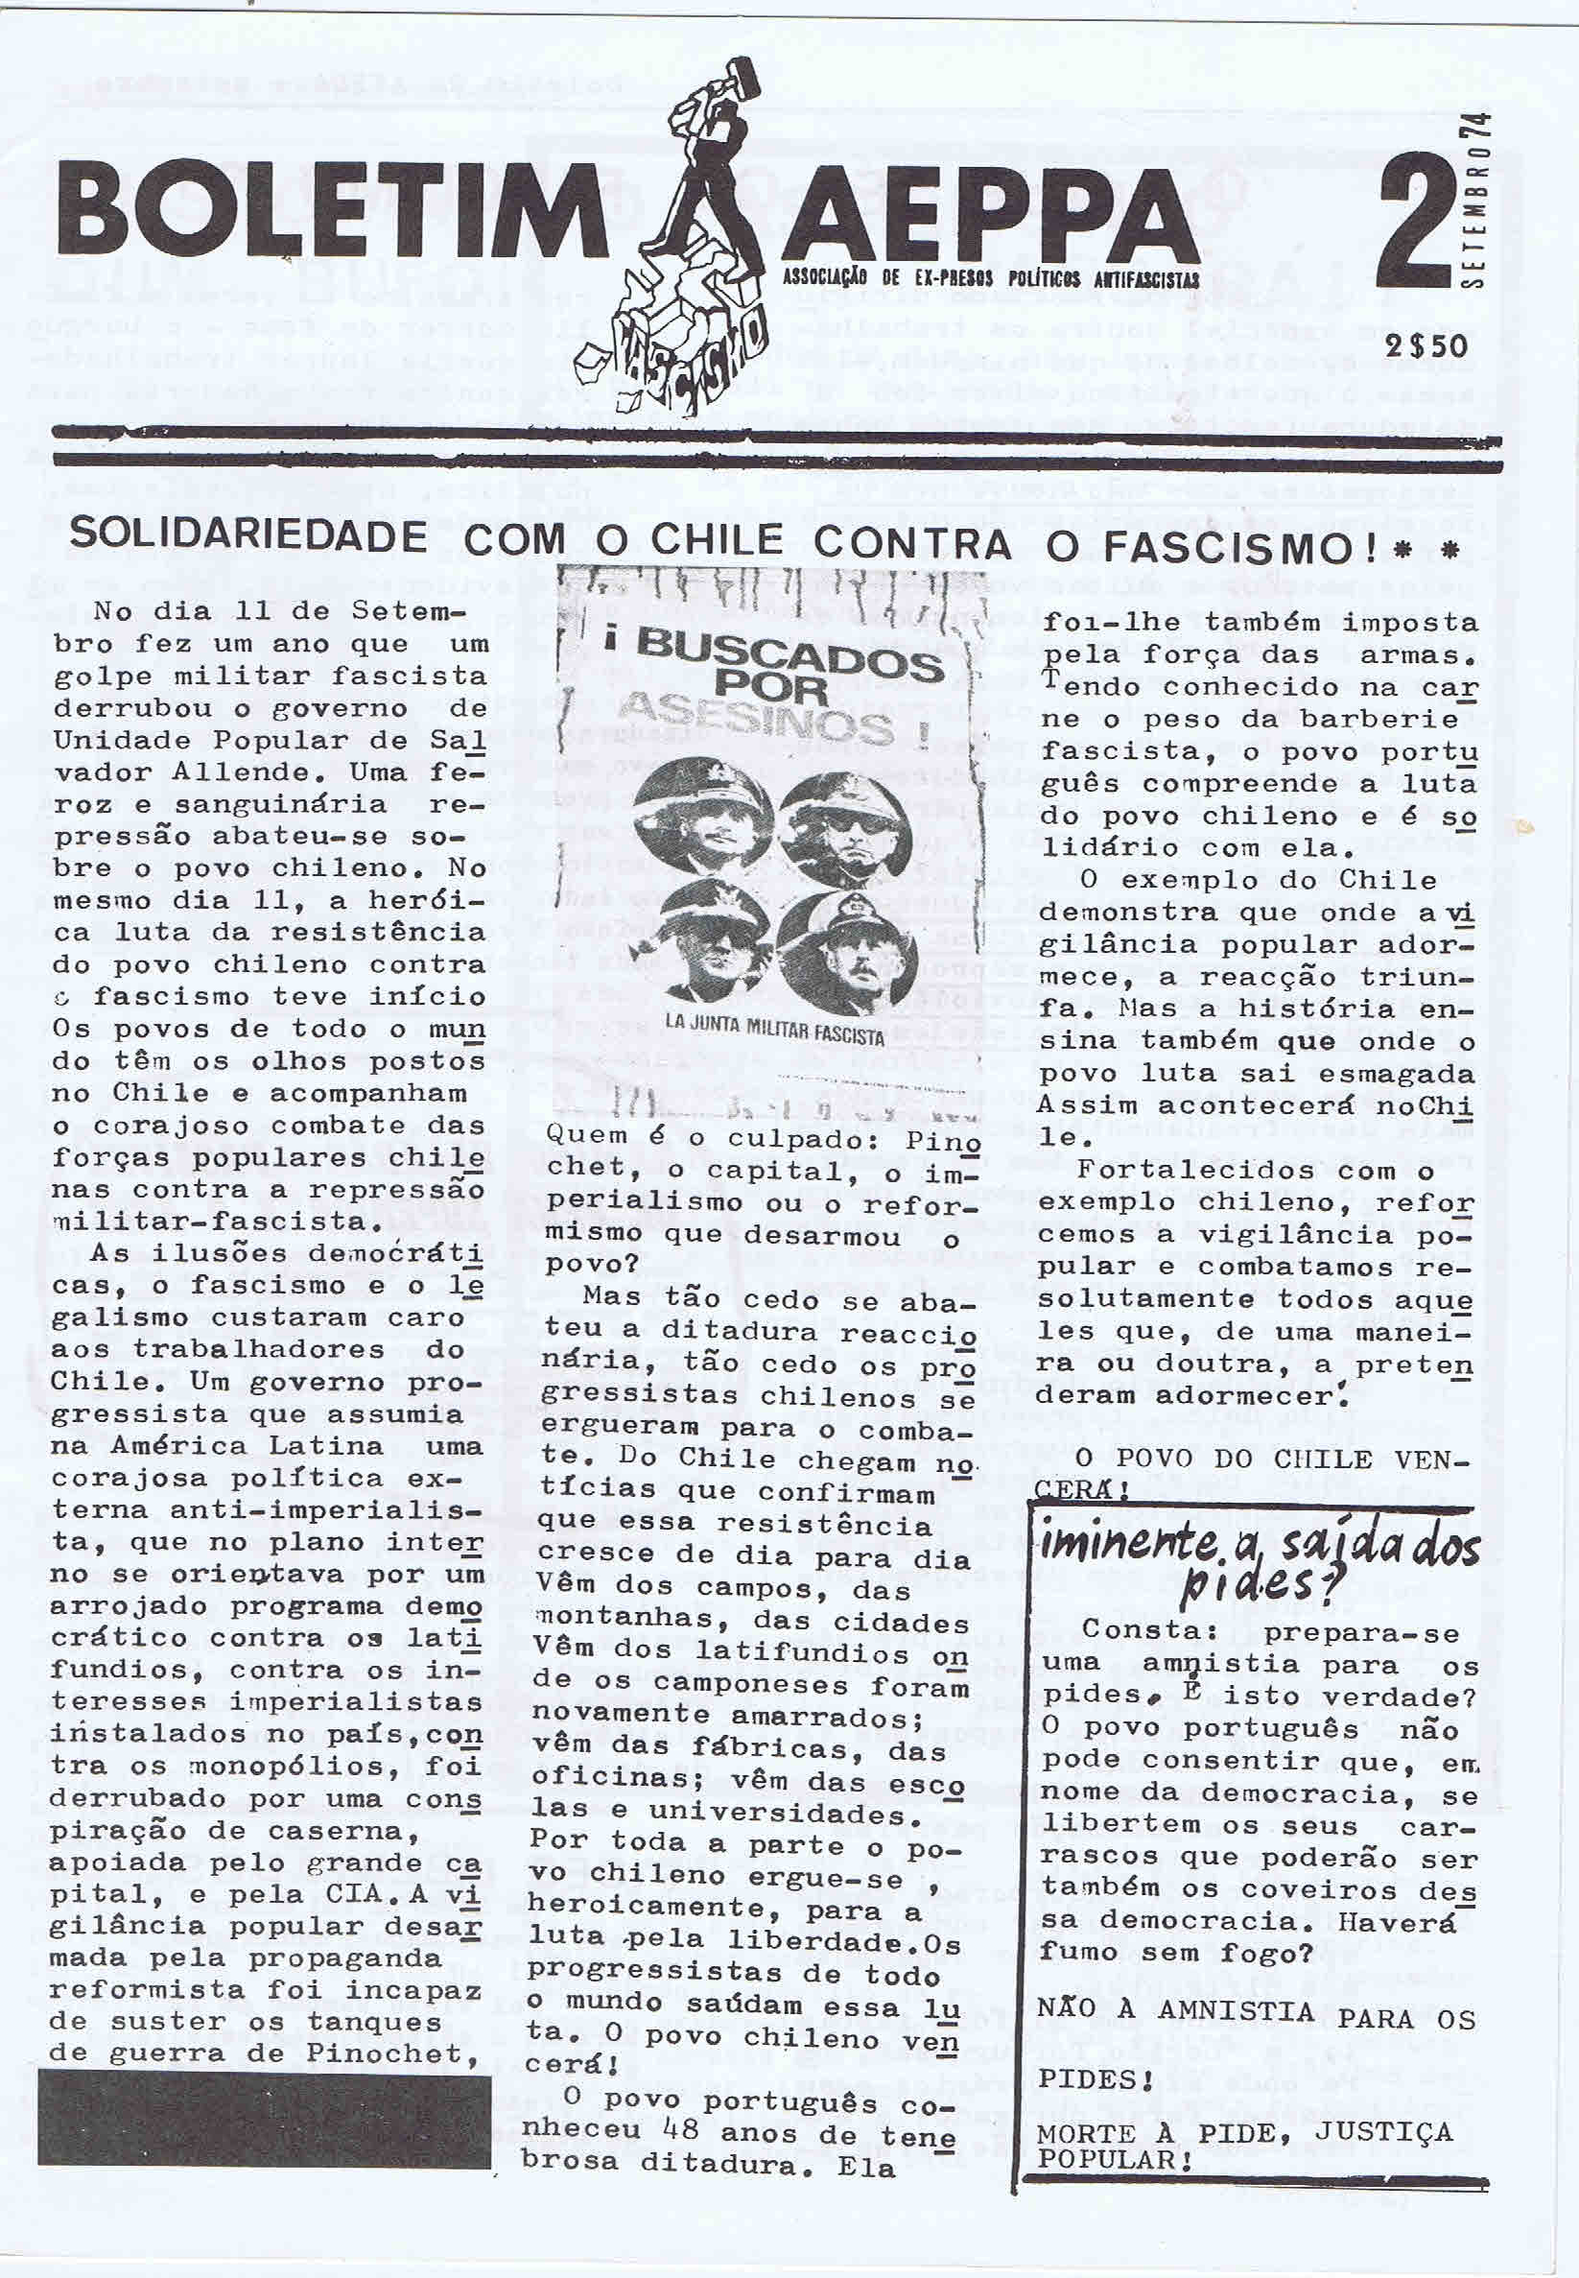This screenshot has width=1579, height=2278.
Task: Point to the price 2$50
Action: [x=1426, y=345]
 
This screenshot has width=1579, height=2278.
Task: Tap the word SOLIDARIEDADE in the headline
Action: [x=248, y=535]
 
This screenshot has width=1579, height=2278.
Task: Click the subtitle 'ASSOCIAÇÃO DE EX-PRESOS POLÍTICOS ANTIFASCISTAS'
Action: [x=990, y=281]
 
